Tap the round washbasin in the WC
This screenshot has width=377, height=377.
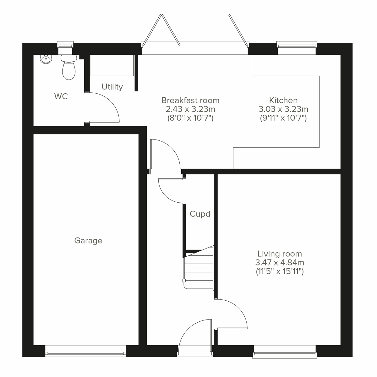click(46, 59)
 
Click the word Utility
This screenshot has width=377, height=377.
click(112, 87)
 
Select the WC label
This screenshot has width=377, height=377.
click(61, 96)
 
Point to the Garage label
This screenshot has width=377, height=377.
click(88, 241)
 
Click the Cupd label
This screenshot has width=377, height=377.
click(200, 214)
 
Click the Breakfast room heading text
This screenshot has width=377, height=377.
click(190, 101)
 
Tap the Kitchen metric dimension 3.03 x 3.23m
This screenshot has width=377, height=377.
click(283, 109)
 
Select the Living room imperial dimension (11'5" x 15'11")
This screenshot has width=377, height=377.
click(280, 271)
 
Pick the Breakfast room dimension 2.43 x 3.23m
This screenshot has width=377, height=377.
click(190, 109)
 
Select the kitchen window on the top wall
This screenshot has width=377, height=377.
click(297, 44)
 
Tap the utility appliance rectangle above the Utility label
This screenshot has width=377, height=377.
click(112, 65)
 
